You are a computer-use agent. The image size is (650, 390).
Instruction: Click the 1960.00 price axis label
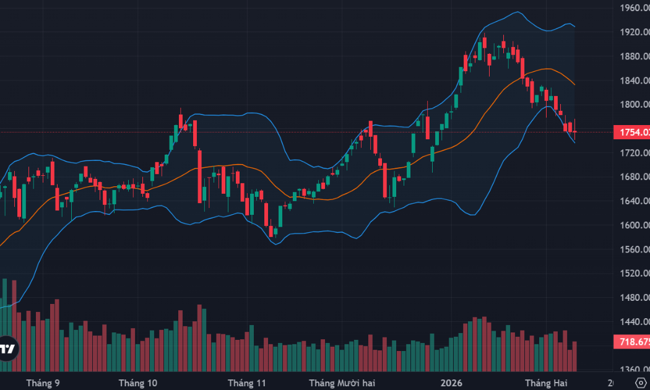[632, 8]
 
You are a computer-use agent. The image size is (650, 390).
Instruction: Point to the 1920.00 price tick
[632, 32]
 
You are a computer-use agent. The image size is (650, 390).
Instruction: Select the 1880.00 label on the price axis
[632, 56]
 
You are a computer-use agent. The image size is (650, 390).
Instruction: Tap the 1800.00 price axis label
[632, 105]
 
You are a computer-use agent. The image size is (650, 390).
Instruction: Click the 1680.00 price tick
[632, 177]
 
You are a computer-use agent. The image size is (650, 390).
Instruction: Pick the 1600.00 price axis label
[632, 225]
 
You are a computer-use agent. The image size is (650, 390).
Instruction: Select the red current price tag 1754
[631, 132]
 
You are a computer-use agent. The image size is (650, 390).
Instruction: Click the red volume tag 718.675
[631, 342]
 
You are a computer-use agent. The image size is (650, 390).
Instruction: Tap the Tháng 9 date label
[43, 383]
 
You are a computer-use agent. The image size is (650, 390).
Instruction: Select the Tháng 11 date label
[247, 383]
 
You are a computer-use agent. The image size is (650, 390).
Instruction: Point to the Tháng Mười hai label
[342, 383]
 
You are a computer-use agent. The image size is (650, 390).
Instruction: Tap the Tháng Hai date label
[546, 383]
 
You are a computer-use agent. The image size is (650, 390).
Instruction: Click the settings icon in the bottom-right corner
[640, 382]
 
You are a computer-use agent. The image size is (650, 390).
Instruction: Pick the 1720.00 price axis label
[632, 153]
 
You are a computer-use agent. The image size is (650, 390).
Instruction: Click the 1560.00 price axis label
[632, 249]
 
